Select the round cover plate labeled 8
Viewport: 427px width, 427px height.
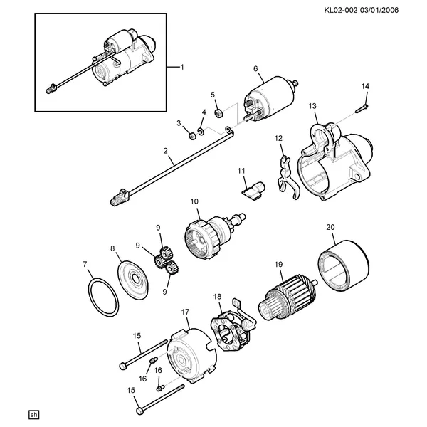pyautogui.click(x=133, y=280)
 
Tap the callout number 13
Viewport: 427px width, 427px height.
pyautogui.click(x=312, y=106)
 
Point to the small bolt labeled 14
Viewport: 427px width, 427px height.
pyautogui.click(x=362, y=108)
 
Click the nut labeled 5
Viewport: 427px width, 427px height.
pyautogui.click(x=218, y=113)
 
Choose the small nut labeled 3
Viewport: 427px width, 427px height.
pyautogui.click(x=192, y=136)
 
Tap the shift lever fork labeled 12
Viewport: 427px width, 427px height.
pyautogui.click(x=287, y=177)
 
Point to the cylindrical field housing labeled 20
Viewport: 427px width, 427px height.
pyautogui.click(x=344, y=265)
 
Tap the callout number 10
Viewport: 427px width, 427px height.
pyautogui.click(x=194, y=202)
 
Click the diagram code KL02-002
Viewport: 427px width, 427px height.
pyautogui.click(x=341, y=11)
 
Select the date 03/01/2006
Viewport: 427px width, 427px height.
pyautogui.click(x=379, y=11)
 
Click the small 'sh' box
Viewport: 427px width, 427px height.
pyautogui.click(x=34, y=415)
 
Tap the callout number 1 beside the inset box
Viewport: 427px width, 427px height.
pyautogui.click(x=182, y=67)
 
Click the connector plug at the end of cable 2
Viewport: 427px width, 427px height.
pyautogui.click(x=120, y=197)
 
